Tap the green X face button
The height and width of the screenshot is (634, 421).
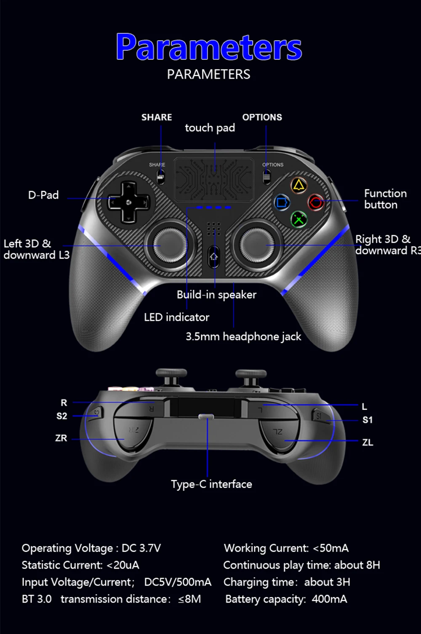pos(299,219)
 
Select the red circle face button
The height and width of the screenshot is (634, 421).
pos(316,202)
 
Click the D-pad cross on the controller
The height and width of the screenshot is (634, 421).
pos(129,202)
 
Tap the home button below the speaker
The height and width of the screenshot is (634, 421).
pos(214,256)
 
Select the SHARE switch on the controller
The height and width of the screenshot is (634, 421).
pos(160,177)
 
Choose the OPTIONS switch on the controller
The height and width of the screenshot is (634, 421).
pos(266,177)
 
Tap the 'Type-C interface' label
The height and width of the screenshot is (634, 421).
pos(211,484)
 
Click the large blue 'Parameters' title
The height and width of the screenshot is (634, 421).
pos(209,47)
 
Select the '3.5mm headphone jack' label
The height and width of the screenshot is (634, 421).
pos(243,336)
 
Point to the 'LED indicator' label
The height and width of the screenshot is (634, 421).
pos(176,317)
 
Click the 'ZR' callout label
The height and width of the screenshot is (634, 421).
pos(61,438)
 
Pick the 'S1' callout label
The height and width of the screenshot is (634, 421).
pos(368,420)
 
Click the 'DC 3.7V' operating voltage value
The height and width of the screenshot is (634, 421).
pos(141,548)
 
